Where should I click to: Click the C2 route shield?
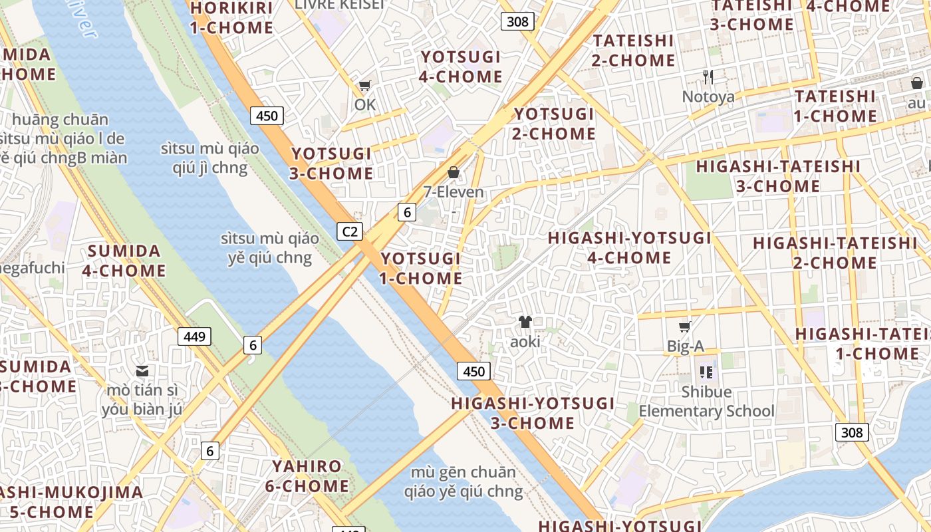[350, 231]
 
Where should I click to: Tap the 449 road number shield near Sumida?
[194, 336]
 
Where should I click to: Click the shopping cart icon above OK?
[364, 85]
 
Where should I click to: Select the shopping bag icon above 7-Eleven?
[454, 172]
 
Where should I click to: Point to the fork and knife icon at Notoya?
[708, 77]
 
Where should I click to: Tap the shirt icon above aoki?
[525, 322]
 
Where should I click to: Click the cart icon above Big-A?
[685, 327]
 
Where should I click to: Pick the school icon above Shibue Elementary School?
[706, 372]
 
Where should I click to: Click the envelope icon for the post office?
[142, 370]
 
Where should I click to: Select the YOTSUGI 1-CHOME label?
[421, 268]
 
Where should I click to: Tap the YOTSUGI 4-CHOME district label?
[461, 66]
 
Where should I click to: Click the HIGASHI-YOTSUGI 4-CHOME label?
[629, 247]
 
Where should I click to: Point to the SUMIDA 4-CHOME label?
[124, 261]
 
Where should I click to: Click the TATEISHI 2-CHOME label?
[634, 51]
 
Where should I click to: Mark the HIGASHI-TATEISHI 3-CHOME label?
[778, 176]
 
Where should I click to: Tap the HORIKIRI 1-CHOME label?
[231, 18]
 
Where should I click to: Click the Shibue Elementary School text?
[706, 402]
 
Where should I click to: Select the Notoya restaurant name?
[708, 97]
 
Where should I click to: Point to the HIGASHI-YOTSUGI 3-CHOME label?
[533, 413]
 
